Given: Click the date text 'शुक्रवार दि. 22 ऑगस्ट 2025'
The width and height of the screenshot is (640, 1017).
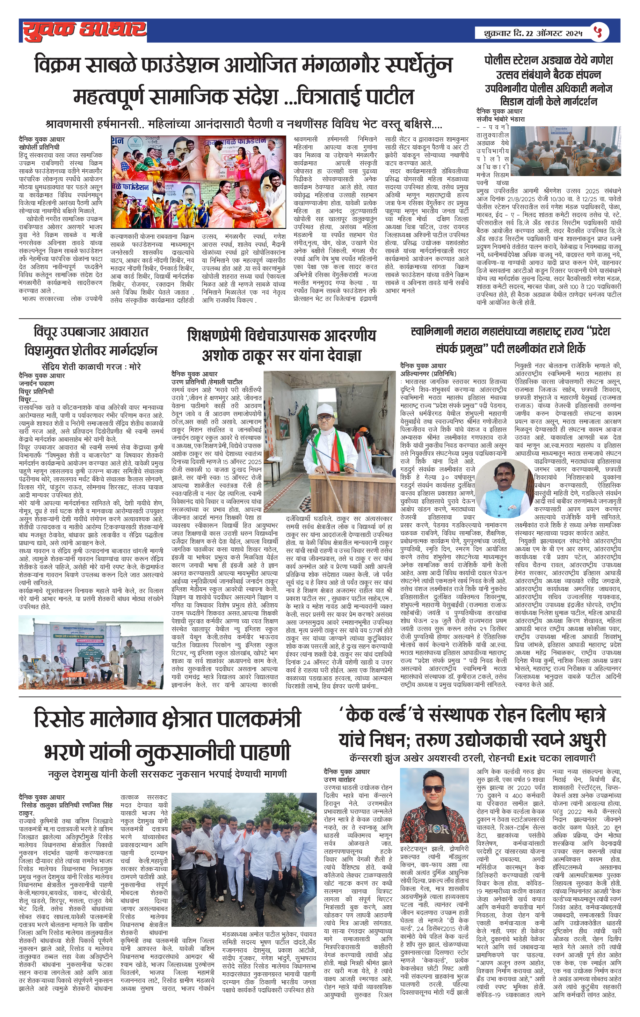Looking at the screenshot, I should click(x=528, y=33).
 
